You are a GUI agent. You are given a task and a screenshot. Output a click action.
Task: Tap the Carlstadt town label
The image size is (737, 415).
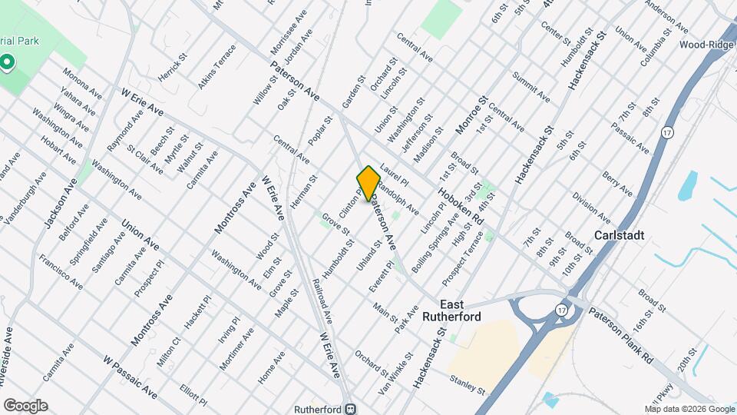tap(619, 235)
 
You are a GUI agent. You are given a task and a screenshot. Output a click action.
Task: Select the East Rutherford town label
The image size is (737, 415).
tap(471, 310)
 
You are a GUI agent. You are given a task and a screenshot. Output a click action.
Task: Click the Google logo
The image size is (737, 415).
tap(25, 405)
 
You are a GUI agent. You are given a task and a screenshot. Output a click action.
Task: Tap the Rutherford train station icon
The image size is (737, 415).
tap(351, 409)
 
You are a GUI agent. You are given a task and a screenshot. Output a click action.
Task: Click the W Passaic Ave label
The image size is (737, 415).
tap(130, 377)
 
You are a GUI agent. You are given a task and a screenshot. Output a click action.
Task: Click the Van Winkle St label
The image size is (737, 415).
tap(398, 367)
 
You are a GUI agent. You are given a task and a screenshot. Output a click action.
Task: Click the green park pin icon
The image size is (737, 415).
tap(7, 61)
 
